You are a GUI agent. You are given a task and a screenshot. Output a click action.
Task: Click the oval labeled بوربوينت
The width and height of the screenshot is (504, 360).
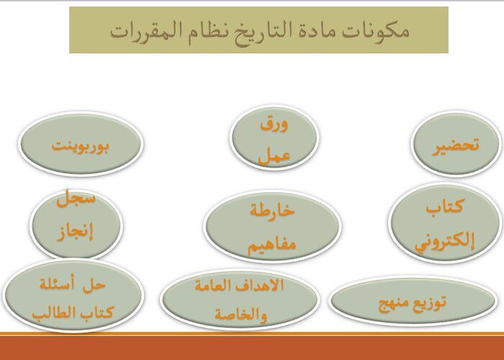81,144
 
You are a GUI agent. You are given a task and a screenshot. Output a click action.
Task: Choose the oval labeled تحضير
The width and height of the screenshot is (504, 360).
456,144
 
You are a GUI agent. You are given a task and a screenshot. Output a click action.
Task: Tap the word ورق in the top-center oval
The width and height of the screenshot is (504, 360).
274,125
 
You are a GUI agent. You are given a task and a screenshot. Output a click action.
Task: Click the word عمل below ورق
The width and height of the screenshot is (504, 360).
274,156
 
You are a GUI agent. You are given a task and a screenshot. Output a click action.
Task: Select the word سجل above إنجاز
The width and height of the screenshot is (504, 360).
76,199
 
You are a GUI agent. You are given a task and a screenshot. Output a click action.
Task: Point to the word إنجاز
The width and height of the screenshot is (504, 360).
76,231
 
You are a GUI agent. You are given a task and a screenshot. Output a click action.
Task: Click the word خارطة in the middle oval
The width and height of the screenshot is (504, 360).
272,211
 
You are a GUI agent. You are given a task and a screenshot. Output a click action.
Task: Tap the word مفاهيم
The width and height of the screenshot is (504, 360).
271,246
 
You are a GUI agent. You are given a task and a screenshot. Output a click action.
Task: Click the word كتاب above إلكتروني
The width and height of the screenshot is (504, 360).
445,206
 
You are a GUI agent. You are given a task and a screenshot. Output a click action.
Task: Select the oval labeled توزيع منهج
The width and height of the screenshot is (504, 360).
413,301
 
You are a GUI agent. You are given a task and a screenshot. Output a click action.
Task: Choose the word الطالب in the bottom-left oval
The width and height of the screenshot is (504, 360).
52,312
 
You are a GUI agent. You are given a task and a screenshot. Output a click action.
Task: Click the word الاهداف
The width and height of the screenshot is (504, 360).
260,285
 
